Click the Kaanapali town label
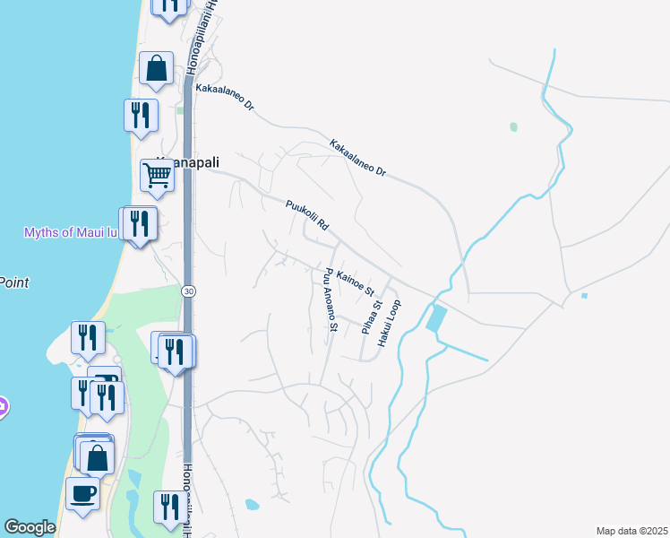[176, 162]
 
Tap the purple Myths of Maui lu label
[70, 233]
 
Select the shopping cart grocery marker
[157, 176]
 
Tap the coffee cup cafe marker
[82, 493]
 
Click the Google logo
[30, 527]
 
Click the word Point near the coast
[13, 282]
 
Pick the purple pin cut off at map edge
[3, 406]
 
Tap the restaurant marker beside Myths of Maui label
[139, 222]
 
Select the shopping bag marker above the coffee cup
[97, 457]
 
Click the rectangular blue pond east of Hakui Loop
[437, 318]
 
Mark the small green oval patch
[513, 127]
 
